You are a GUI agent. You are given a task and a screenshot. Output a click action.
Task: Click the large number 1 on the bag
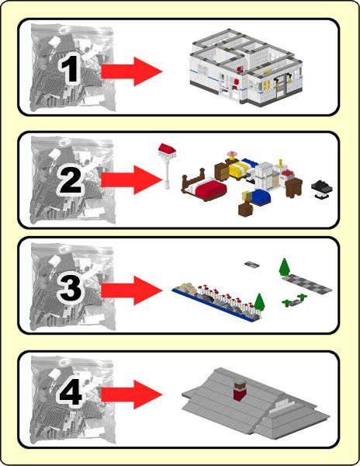70,70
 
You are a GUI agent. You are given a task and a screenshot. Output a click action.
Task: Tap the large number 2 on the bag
71,180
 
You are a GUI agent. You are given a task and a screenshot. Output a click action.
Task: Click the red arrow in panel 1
132,72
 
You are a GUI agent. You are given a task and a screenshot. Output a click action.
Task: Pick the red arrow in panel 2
132,180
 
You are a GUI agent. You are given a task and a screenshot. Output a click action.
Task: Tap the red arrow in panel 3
132,290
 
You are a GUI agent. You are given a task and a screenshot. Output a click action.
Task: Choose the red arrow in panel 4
132,395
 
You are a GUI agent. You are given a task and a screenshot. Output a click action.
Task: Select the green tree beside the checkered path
285,267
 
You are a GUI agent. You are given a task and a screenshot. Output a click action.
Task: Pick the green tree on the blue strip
259,302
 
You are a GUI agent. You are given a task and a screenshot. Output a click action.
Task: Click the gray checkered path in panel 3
307,283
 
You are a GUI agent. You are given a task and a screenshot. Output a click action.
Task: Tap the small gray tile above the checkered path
252,264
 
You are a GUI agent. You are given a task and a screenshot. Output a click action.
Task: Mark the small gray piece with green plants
294,301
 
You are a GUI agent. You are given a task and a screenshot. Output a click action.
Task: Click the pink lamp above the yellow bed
230,155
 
